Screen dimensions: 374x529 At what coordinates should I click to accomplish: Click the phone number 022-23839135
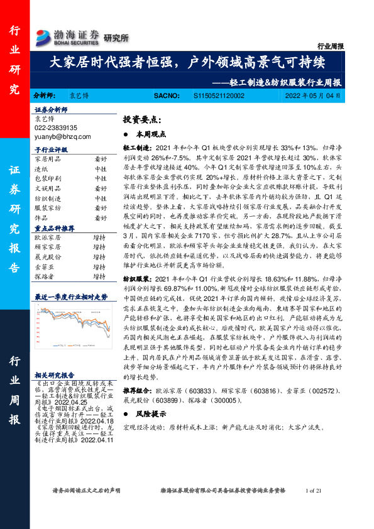55,127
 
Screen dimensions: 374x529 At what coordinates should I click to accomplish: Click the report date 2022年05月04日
312,96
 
